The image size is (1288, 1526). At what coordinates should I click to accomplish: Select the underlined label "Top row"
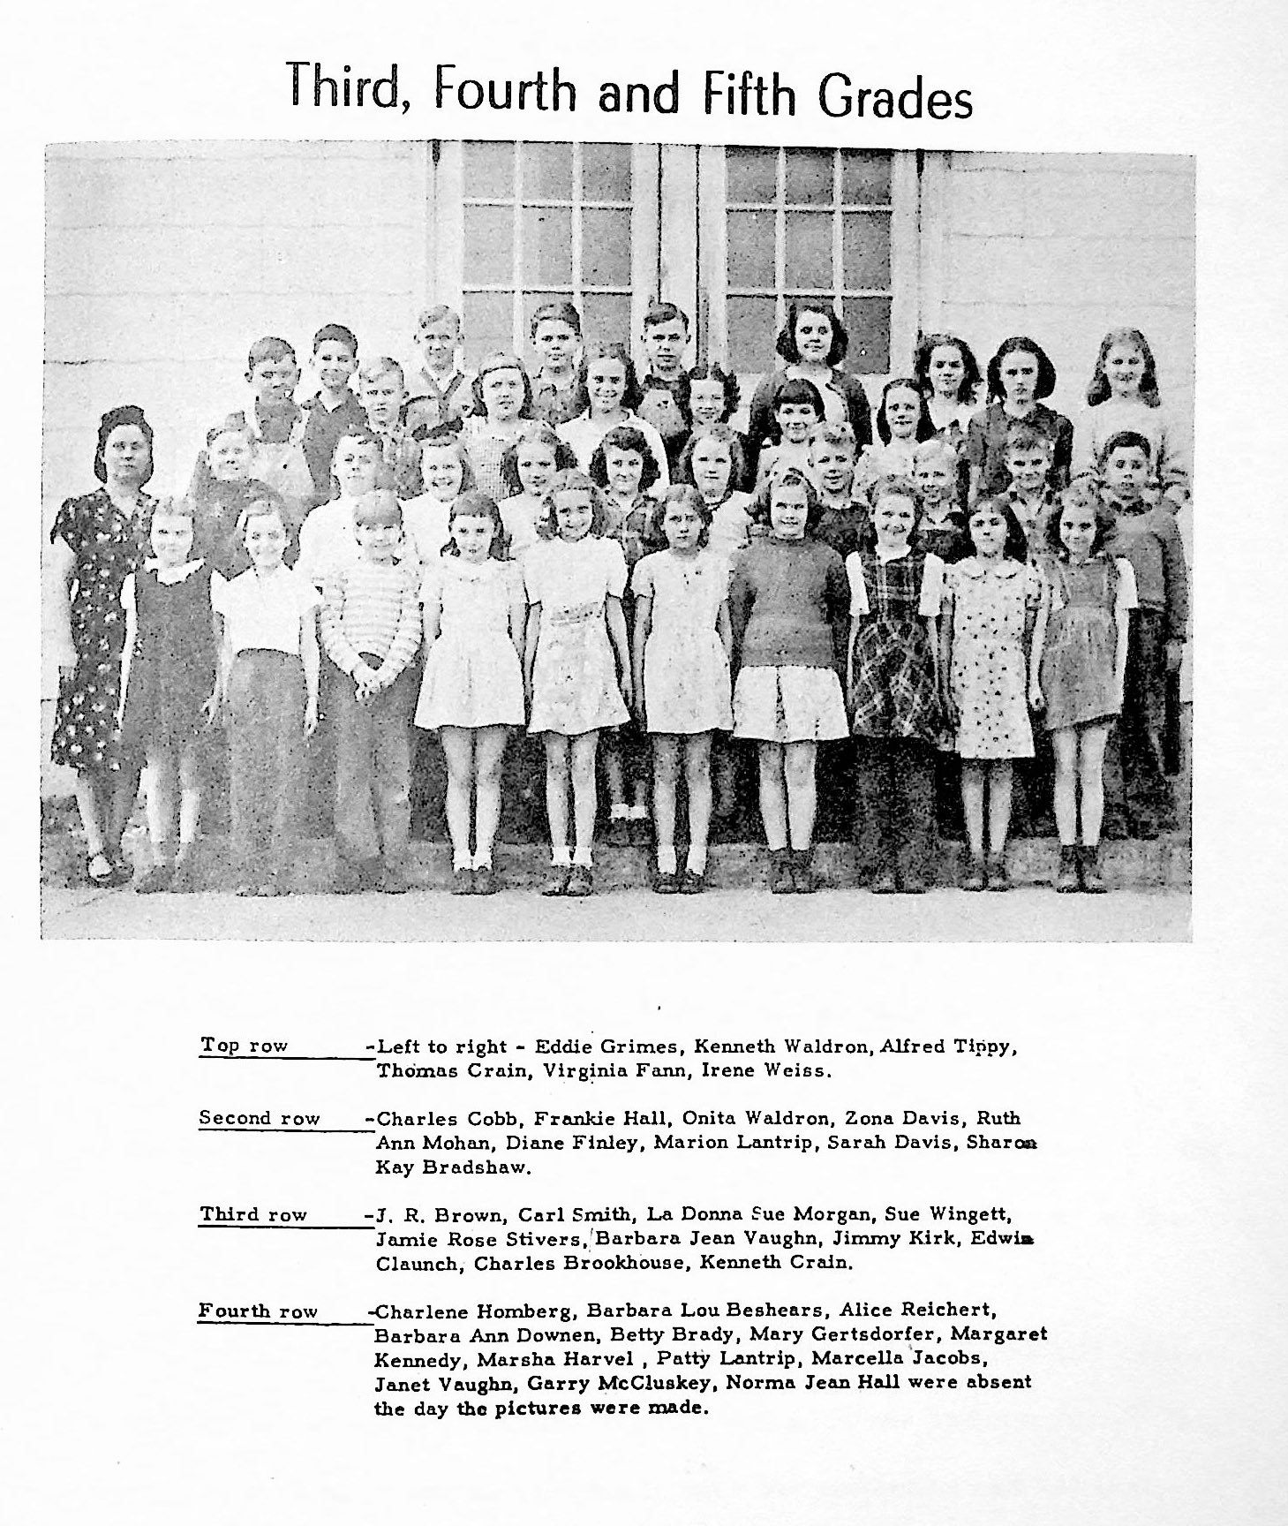(x=244, y=1046)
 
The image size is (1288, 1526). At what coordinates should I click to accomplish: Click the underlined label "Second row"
(x=259, y=1118)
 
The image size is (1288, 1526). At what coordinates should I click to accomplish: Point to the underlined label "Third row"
(x=252, y=1214)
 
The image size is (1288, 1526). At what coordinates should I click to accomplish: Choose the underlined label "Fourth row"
(x=257, y=1311)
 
